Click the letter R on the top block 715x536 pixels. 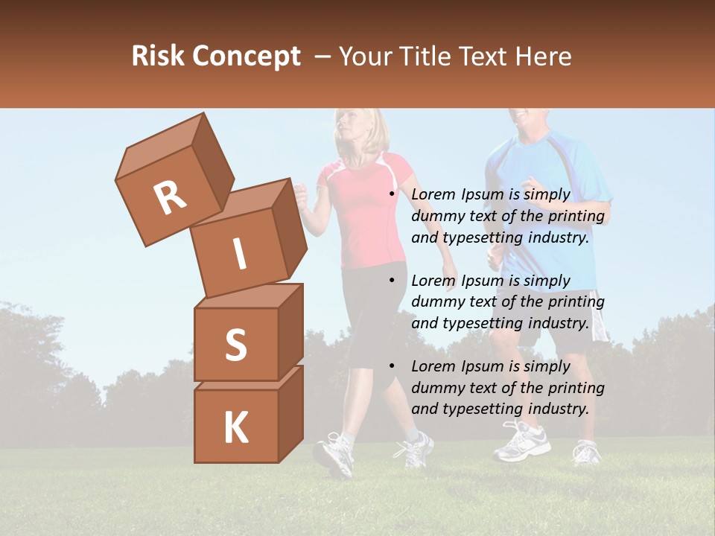[x=170, y=198]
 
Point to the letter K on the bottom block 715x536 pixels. [x=235, y=428]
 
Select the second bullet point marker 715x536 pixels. [x=392, y=281]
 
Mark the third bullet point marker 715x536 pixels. [x=392, y=366]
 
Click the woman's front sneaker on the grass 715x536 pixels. [x=334, y=454]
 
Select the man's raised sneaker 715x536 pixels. [x=521, y=443]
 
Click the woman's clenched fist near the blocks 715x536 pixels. [x=300, y=195]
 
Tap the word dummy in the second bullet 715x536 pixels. [x=437, y=302]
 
